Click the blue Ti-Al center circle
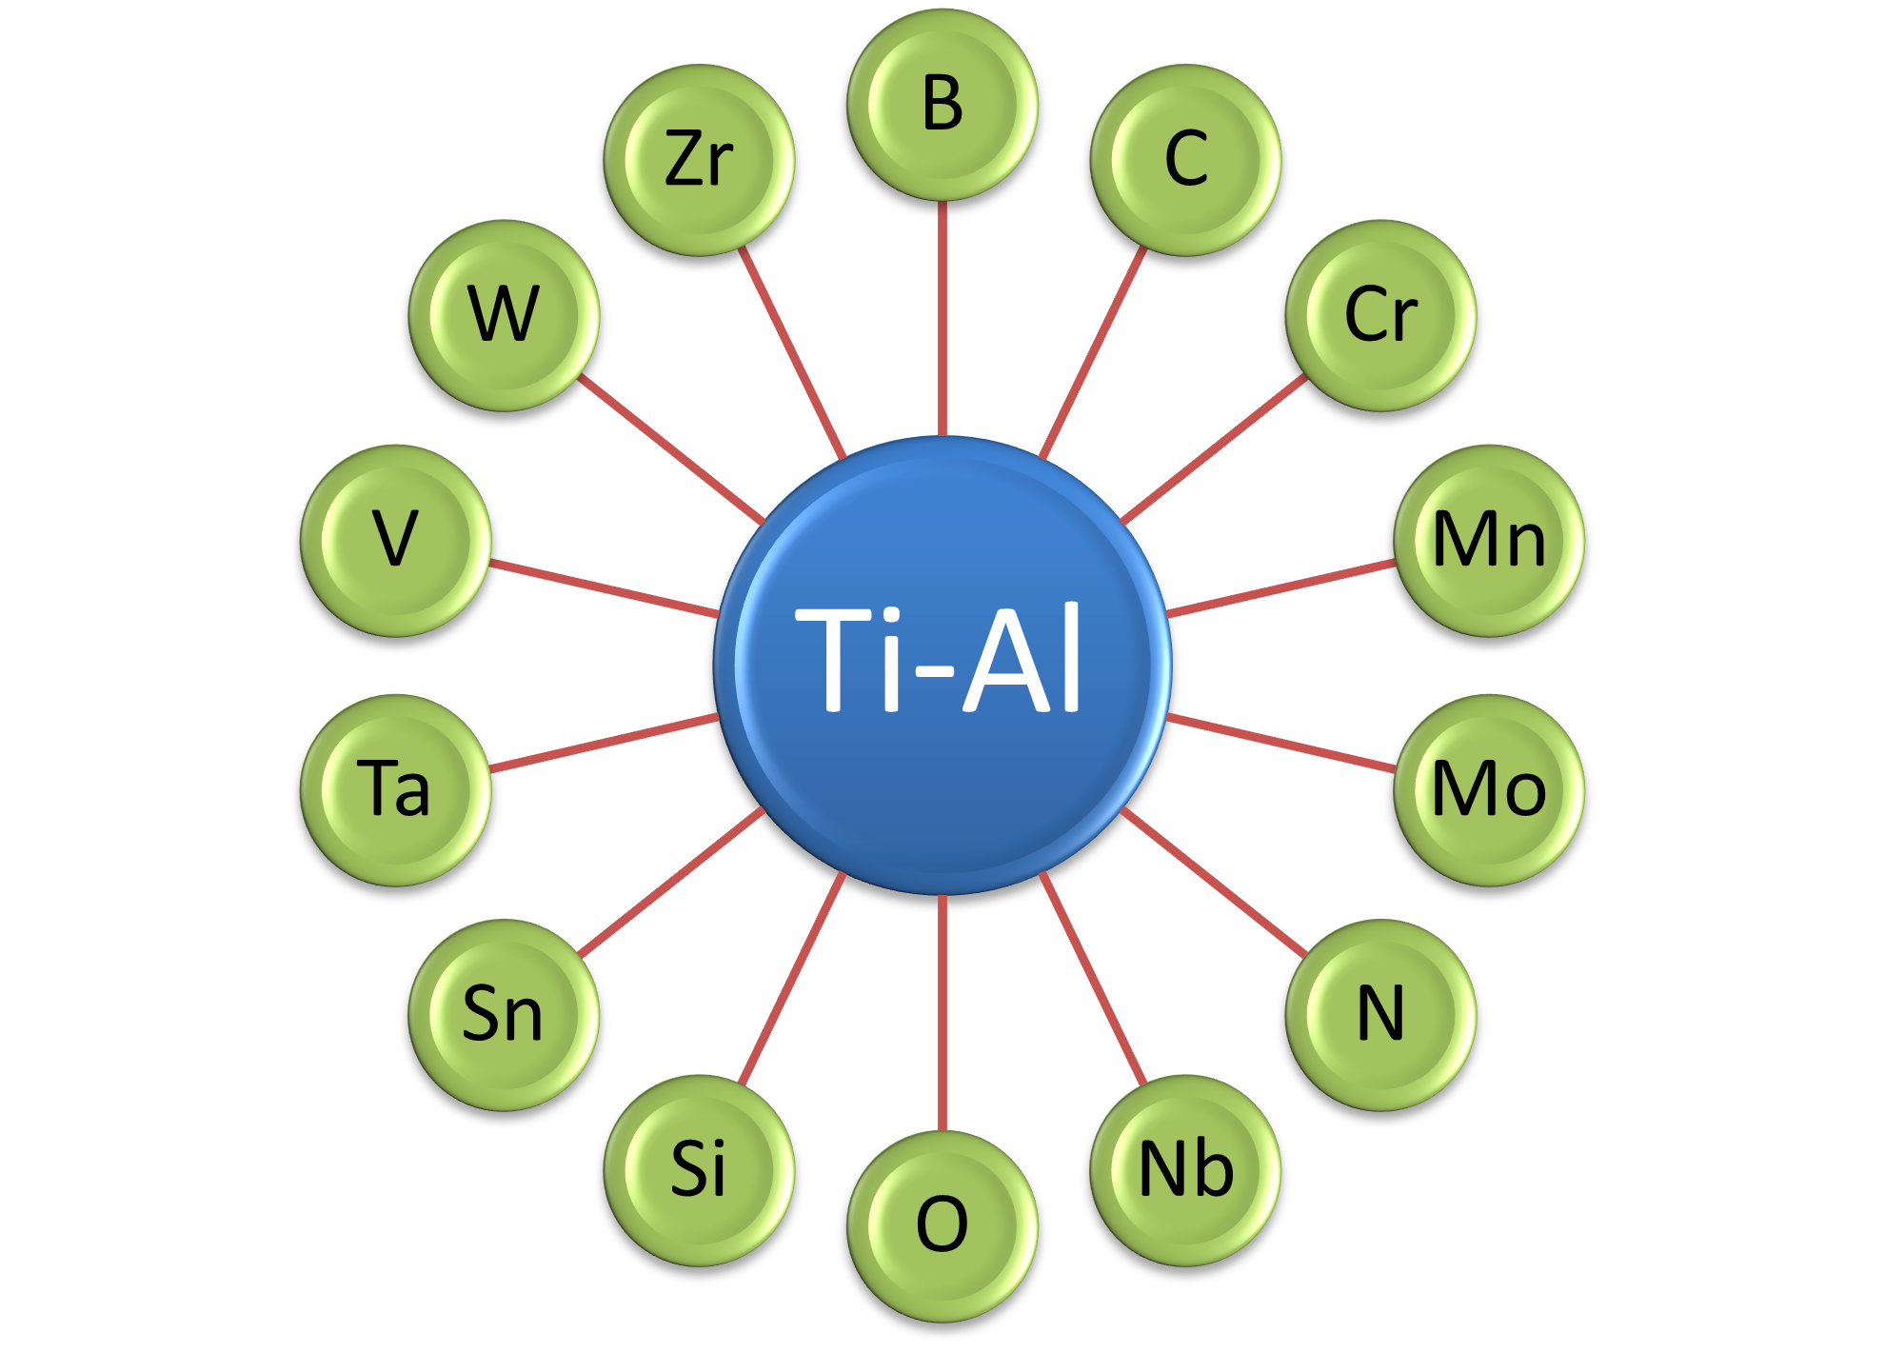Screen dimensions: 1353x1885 (942, 664)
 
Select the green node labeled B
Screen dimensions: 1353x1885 (942, 105)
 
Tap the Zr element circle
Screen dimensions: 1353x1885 (699, 160)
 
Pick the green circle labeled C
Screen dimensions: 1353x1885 (1185, 160)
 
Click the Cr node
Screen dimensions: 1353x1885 (1380, 315)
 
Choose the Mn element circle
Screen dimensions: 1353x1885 (1489, 540)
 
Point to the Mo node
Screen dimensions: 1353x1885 (1489, 789)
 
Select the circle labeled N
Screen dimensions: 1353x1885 (1380, 1014)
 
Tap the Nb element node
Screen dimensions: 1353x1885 (1185, 1170)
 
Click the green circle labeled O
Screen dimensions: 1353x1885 (942, 1225)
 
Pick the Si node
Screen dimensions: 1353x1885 (699, 1170)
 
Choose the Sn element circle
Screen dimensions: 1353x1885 (504, 1014)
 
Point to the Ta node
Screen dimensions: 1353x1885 (395, 789)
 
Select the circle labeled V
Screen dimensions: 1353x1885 (395, 540)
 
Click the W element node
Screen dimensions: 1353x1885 (504, 315)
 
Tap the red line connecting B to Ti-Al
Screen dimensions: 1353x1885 (942, 319)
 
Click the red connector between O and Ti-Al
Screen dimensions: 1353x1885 (942, 1012)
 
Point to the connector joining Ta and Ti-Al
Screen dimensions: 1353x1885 (604, 742)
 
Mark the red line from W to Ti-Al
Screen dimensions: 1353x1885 (671, 448)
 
